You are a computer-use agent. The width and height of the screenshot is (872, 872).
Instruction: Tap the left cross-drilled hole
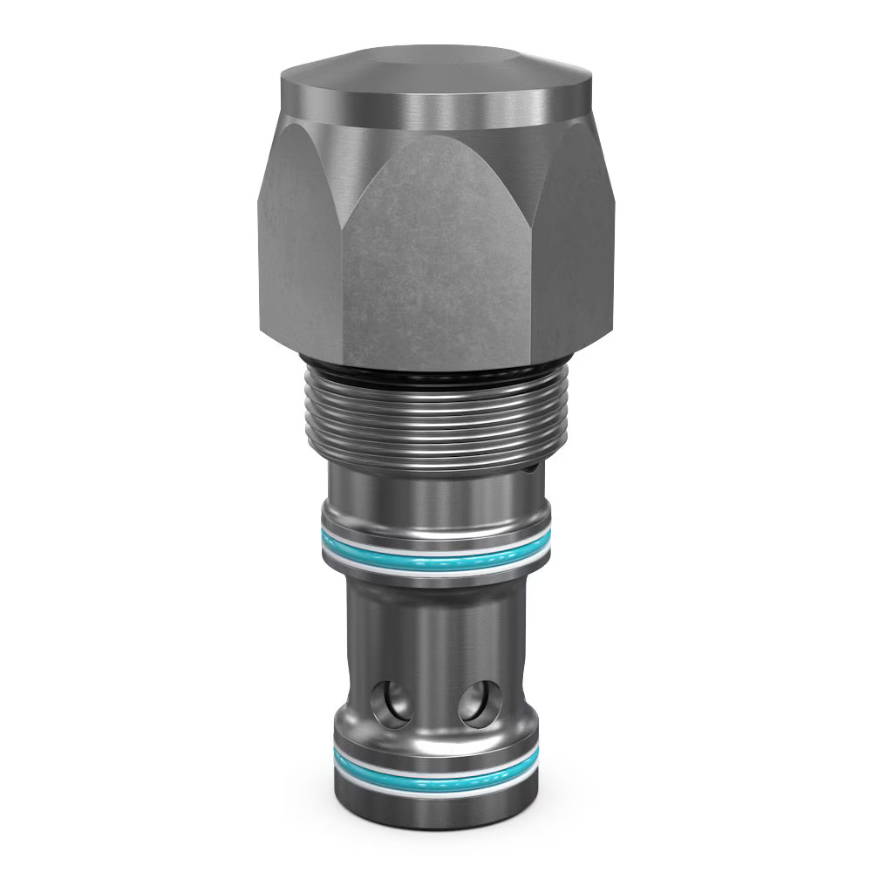[x=390, y=703]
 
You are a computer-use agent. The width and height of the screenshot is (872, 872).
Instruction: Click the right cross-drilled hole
[x=480, y=703]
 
